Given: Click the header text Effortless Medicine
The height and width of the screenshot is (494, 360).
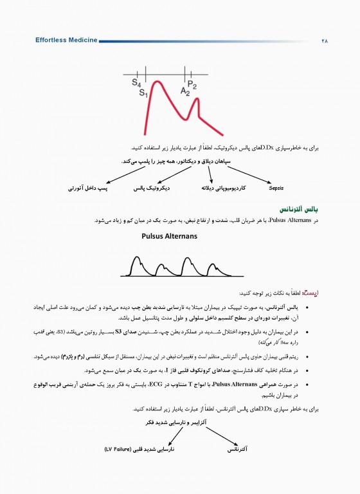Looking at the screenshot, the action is click(67, 40).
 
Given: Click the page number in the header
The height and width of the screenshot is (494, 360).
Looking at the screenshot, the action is click(323, 40).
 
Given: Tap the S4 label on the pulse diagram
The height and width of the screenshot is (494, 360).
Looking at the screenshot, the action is click(136, 83).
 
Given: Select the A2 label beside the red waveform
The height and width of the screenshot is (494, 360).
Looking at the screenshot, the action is click(185, 93).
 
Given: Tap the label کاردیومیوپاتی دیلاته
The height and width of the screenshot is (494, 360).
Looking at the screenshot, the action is click(224, 188).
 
